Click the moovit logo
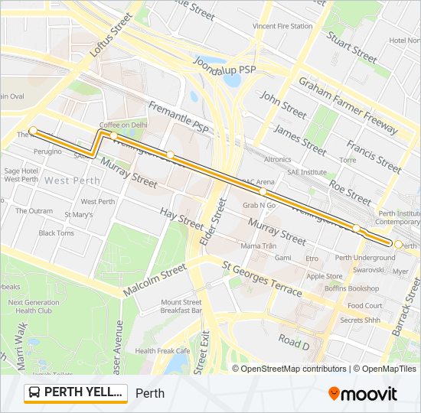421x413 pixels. (363, 394)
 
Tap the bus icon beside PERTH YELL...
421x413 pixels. (34, 393)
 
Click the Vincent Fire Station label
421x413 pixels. (282, 26)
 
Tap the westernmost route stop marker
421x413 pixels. (33, 130)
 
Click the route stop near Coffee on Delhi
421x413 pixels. (113, 135)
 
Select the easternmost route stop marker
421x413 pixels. (398, 245)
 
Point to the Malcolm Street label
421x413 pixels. (154, 281)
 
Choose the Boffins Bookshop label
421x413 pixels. (352, 288)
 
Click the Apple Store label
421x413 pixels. (325, 276)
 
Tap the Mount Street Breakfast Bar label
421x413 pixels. (181, 307)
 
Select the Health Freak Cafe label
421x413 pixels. (162, 351)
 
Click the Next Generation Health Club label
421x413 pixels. (34, 307)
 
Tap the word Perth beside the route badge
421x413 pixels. (150, 394)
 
